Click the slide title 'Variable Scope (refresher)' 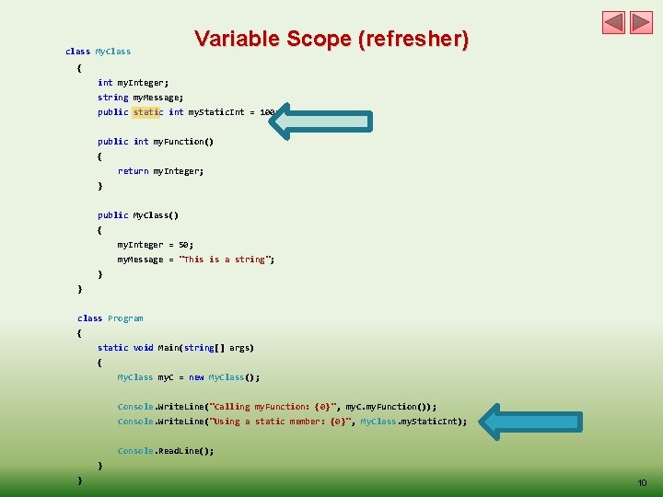click(331, 40)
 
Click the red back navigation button click(614, 23)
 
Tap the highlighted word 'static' click(146, 112)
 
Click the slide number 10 click(642, 483)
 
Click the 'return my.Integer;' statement click(160, 171)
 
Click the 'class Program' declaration click(110, 318)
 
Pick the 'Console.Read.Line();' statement click(166, 451)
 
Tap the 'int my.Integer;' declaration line click(134, 83)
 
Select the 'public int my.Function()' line click(156, 142)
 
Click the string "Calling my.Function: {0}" click(274, 407)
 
